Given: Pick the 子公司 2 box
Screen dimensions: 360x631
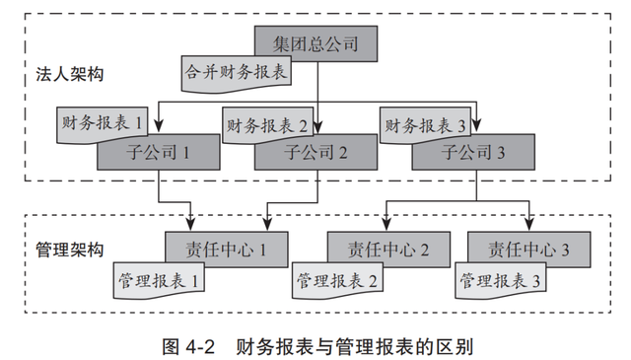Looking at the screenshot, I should [x=316, y=153].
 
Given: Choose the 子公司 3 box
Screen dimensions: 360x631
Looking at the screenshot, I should [x=473, y=153].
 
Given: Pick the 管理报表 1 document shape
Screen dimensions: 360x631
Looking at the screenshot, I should [x=159, y=280].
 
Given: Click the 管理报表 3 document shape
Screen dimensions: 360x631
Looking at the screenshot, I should [x=498, y=280].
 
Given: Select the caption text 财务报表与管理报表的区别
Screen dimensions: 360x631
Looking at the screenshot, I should [x=355, y=346].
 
